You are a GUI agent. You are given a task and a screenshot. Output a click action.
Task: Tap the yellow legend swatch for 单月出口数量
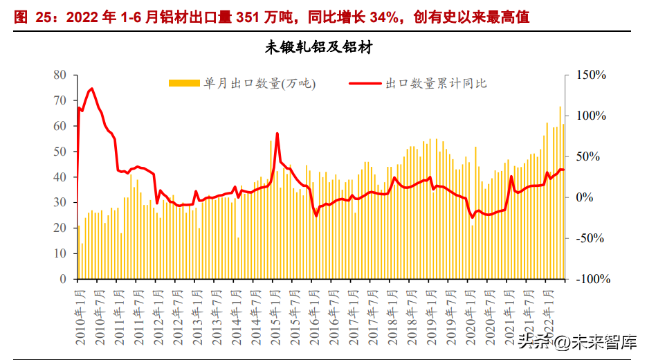click(x=184, y=83)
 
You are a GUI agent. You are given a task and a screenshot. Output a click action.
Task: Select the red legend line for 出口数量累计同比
click(x=365, y=83)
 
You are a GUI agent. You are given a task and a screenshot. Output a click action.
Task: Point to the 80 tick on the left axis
click(x=60, y=75)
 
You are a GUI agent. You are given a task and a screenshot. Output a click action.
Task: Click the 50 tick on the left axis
click(x=60, y=152)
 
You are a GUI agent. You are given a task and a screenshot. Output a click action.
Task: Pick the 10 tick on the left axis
click(x=60, y=253)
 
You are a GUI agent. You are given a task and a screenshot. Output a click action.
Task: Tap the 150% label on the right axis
click(x=591, y=75)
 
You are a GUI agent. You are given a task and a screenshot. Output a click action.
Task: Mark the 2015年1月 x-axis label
click(x=274, y=315)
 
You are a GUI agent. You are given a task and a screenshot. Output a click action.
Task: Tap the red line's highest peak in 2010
click(x=92, y=89)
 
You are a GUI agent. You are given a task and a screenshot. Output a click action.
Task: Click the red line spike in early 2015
click(x=277, y=133)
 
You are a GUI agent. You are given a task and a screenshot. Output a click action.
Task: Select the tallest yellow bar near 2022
click(x=560, y=107)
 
